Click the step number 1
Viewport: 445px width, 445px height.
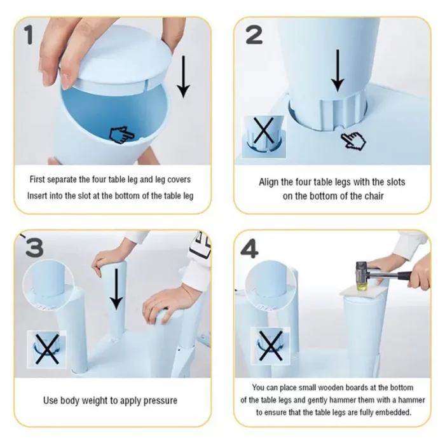click(29, 34)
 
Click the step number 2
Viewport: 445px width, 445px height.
click(254, 34)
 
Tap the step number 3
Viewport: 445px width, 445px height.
click(34, 247)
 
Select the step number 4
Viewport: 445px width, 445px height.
click(249, 249)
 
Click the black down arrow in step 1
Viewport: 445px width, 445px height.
click(183, 77)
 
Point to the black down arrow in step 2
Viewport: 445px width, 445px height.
click(338, 71)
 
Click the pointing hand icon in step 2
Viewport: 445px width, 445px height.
click(353, 141)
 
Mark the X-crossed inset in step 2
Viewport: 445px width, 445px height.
click(264, 137)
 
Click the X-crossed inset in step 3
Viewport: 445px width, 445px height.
click(46, 349)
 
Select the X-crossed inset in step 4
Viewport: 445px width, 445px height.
click(270, 346)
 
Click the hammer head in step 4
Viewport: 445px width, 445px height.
click(361, 277)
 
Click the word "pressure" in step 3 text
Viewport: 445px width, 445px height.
click(160, 400)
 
